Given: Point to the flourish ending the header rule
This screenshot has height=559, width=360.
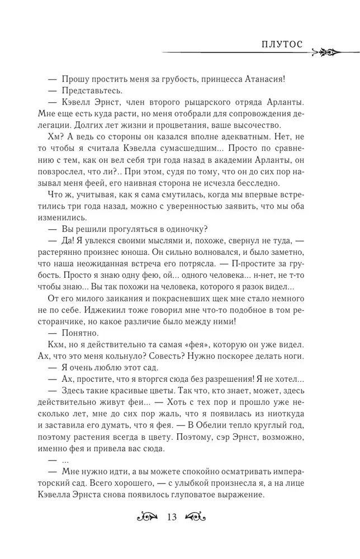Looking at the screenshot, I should coord(325,53).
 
